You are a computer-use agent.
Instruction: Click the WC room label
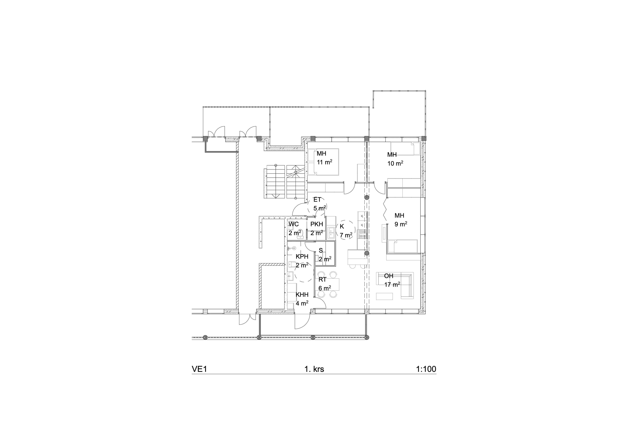click(294, 224)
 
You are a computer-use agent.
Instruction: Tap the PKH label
click(317, 224)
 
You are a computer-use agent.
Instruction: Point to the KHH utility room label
click(302, 295)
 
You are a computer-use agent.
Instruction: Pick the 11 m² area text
click(324, 162)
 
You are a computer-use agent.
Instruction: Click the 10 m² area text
click(395, 163)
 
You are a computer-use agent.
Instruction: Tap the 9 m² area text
click(401, 224)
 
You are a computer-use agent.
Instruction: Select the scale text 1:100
click(426, 369)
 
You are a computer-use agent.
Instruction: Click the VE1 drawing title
click(199, 369)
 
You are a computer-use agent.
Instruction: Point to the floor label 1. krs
click(314, 369)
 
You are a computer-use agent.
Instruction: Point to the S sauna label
click(321, 250)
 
